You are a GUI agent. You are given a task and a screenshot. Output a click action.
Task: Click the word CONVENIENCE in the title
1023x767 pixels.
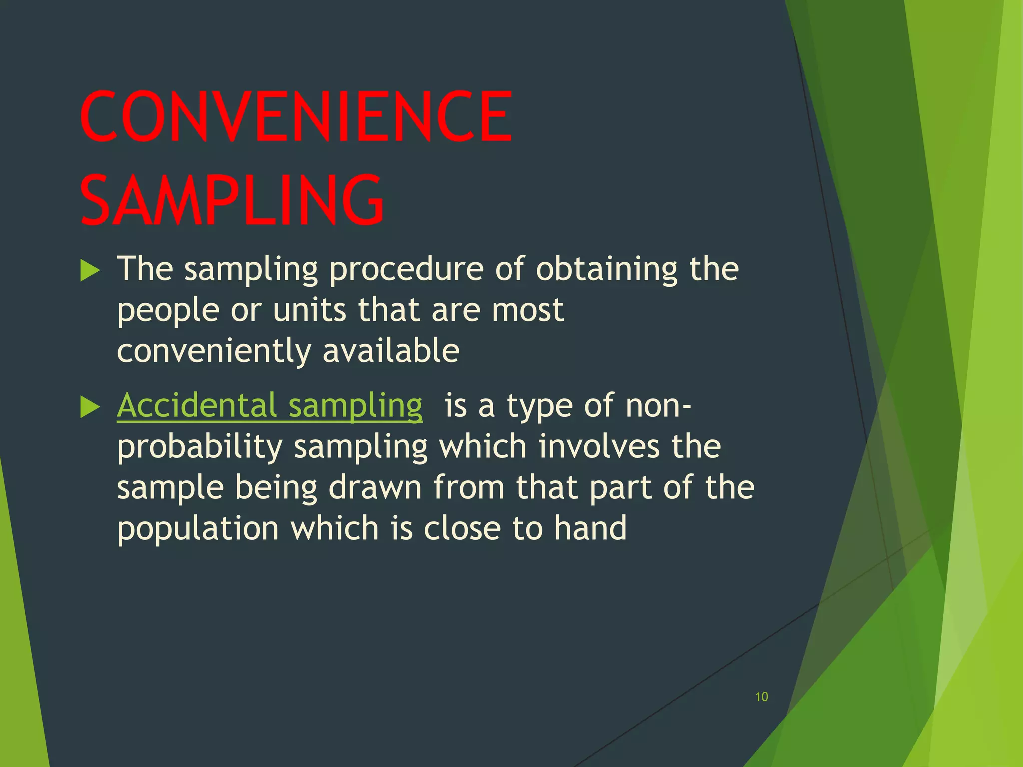click(x=296, y=116)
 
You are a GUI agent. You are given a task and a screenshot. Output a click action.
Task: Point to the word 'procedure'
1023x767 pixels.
click(x=406, y=270)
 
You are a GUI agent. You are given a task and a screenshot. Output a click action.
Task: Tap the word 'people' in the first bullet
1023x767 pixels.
click(x=168, y=311)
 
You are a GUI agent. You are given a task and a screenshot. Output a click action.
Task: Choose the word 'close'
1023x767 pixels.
click(x=462, y=528)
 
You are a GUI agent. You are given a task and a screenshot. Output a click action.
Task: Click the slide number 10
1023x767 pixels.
click(x=761, y=697)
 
